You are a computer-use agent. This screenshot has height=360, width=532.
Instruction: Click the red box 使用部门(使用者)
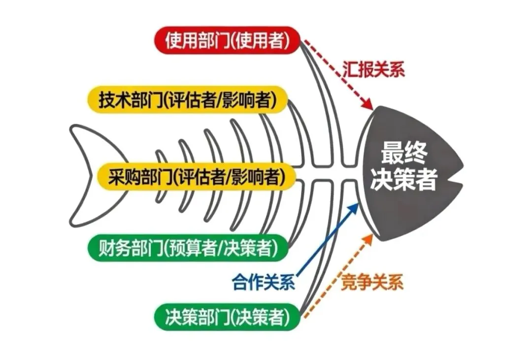click(x=227, y=40)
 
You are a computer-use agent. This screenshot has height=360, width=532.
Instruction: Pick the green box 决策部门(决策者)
click(x=227, y=316)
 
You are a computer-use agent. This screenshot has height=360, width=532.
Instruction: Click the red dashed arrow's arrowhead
click(x=368, y=105)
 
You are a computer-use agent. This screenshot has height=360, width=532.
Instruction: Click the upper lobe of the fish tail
click(x=91, y=140)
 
